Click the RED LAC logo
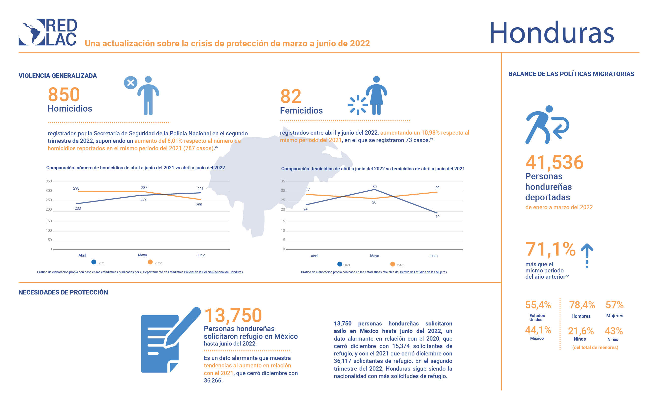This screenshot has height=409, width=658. pyautogui.click(x=48, y=32)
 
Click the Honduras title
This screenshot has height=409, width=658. pyautogui.click(x=551, y=33)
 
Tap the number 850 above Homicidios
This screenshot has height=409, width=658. pyautogui.click(x=64, y=94)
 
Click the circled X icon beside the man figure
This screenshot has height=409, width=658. pyautogui.click(x=130, y=83)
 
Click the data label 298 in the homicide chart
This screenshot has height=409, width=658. pyautogui.click(x=76, y=188)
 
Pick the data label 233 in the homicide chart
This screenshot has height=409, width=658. pyautogui.click(x=78, y=208)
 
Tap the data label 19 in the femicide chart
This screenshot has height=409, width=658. pyautogui.click(x=438, y=217)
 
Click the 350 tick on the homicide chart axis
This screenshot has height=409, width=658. pyautogui.click(x=48, y=181)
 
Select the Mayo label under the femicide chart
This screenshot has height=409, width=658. pyautogui.click(x=374, y=256)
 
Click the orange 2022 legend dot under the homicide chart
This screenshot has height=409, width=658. pyautogui.click(x=150, y=262)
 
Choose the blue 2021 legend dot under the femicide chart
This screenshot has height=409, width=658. pyautogui.click(x=340, y=264)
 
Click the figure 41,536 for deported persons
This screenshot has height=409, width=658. pyautogui.click(x=554, y=162)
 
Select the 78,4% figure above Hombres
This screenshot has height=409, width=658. pyautogui.click(x=582, y=305)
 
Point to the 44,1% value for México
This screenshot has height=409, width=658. pyautogui.click(x=538, y=330)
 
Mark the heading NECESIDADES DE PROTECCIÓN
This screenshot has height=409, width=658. pyautogui.click(x=63, y=292)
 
